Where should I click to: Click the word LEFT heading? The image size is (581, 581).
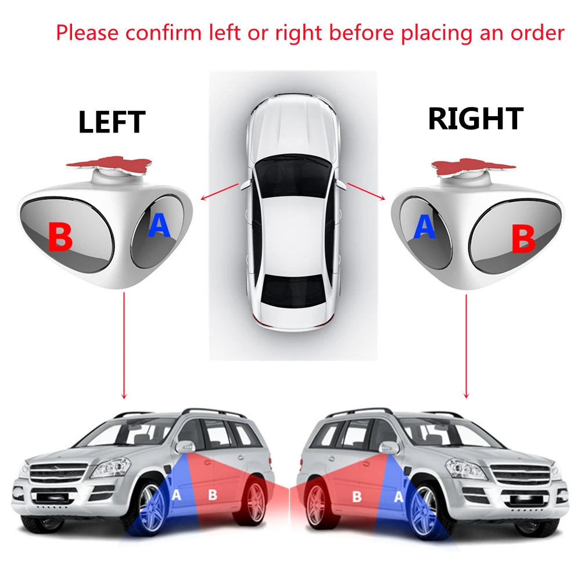[x=111, y=122]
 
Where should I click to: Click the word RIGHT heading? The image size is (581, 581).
[x=475, y=119]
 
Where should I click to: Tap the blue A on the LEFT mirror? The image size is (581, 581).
[x=159, y=225]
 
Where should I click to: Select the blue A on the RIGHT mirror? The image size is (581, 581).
[x=424, y=226]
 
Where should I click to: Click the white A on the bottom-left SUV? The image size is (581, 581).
[x=177, y=495]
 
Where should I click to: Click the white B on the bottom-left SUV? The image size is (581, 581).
[x=212, y=494]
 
